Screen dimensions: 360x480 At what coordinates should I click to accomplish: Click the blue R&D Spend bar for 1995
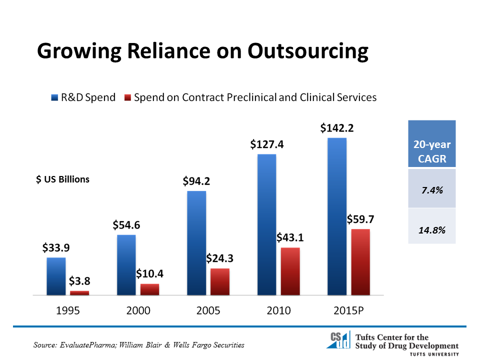tap(56, 276)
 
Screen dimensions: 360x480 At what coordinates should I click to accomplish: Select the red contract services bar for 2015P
tap(360, 262)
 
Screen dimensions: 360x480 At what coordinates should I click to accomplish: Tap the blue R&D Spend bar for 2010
tap(266, 224)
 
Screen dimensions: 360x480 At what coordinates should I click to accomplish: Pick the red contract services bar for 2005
tap(220, 281)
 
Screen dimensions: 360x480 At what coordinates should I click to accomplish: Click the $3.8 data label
tap(79, 281)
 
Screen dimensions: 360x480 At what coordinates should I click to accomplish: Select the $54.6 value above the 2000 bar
tap(126, 225)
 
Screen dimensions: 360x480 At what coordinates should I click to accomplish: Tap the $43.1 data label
tap(290, 238)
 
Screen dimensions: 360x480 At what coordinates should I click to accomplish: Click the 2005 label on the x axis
tap(208, 310)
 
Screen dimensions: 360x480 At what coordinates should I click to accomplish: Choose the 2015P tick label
tap(348, 310)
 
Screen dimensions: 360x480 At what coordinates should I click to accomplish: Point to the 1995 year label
tap(68, 310)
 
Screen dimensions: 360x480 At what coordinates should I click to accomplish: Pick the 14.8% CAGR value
tap(432, 230)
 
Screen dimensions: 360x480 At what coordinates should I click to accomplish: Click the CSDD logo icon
tap(338, 339)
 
